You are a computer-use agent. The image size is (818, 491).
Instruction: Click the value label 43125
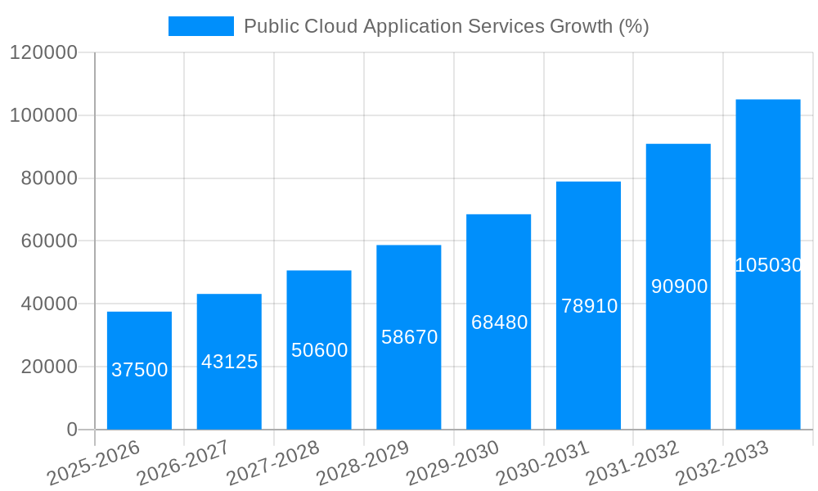click(229, 362)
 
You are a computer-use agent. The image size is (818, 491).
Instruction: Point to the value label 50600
click(319, 350)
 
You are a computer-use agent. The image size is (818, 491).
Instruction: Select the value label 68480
click(499, 322)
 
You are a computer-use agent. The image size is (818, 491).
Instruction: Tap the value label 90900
click(679, 286)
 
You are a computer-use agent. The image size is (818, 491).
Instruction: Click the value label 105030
click(768, 265)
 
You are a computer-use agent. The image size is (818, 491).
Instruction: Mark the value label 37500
click(139, 370)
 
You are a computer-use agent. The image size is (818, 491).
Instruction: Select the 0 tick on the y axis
click(72, 430)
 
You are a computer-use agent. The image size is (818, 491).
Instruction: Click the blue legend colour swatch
click(200, 26)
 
